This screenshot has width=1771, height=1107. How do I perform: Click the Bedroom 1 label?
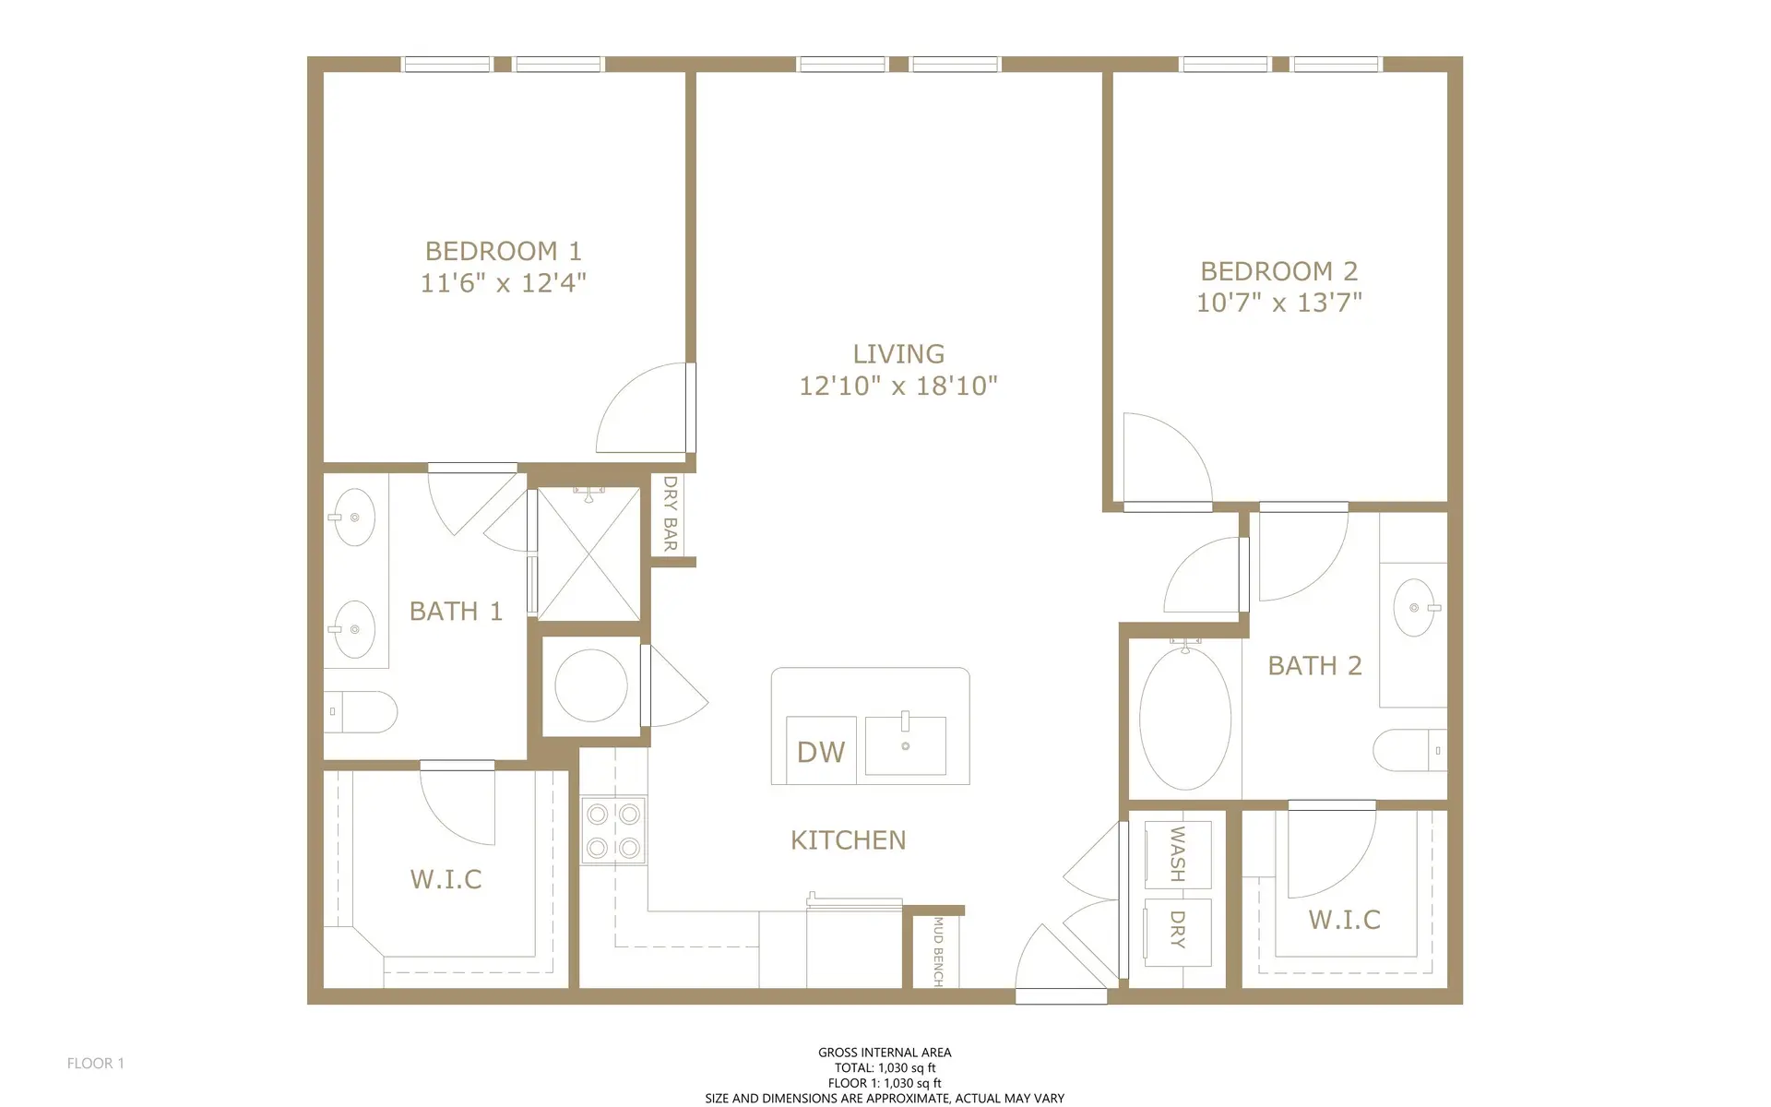[503, 251]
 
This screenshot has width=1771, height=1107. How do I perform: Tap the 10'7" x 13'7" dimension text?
[1278, 303]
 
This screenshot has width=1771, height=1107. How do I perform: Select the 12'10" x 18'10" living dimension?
[897, 386]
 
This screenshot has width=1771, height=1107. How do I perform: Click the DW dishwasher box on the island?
[821, 751]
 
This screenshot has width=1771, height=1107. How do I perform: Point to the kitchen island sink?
[906, 744]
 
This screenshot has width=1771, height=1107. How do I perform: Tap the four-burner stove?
[613, 830]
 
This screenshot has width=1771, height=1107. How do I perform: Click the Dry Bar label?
[671, 513]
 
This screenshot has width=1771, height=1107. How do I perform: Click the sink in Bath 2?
[1413, 608]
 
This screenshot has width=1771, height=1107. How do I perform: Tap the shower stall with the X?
[588, 553]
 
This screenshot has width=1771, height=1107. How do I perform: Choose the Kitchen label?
[848, 839]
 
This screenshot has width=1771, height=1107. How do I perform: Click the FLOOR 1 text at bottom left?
[95, 1063]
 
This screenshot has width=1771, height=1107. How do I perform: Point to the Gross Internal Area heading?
[884, 1052]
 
